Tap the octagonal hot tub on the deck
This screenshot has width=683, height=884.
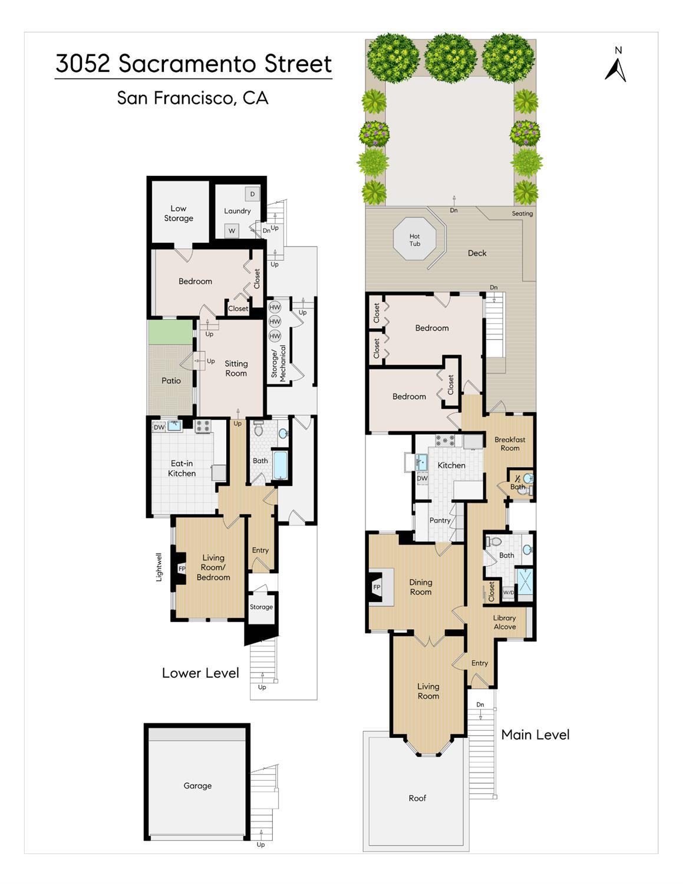pyautogui.click(x=414, y=239)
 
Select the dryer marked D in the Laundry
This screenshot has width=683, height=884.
pyautogui.click(x=252, y=194)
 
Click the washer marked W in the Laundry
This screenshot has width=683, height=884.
pyautogui.click(x=232, y=231)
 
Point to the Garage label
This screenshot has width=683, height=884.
pyautogui.click(x=197, y=786)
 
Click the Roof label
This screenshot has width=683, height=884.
pyautogui.click(x=418, y=798)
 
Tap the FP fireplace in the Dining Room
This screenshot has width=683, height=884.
pyautogui.click(x=377, y=587)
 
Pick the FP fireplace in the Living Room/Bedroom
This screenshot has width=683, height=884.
pyautogui.click(x=182, y=568)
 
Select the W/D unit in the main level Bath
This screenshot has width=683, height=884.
pyautogui.click(x=509, y=592)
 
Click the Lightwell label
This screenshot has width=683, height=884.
pyautogui.click(x=159, y=567)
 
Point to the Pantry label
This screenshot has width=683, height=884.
pyautogui.click(x=440, y=520)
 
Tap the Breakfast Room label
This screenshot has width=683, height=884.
pyautogui.click(x=510, y=444)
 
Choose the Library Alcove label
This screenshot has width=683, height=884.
pyautogui.click(x=504, y=622)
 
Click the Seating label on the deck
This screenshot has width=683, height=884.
pyautogui.click(x=522, y=213)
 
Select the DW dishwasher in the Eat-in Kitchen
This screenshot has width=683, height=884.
pyautogui.click(x=159, y=427)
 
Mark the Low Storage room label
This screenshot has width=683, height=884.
pyautogui.click(x=179, y=213)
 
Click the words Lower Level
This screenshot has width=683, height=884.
pyautogui.click(x=200, y=673)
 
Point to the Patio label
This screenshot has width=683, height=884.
pyautogui.click(x=171, y=381)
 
